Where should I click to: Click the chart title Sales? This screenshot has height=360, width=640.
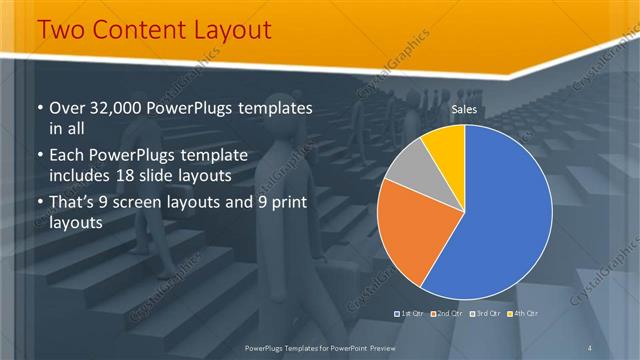pyautogui.click(x=463, y=108)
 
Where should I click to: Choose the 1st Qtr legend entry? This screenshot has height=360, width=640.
pyautogui.click(x=411, y=314)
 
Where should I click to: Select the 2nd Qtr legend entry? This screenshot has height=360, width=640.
pyautogui.click(x=448, y=314)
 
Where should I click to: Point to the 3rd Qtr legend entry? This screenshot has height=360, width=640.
pyautogui.click(x=486, y=314)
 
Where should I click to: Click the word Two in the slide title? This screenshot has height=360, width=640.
pyautogui.click(x=61, y=30)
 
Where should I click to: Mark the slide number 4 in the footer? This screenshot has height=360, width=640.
pyautogui.click(x=590, y=347)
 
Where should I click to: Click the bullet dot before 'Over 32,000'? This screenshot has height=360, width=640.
pyautogui.click(x=39, y=108)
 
